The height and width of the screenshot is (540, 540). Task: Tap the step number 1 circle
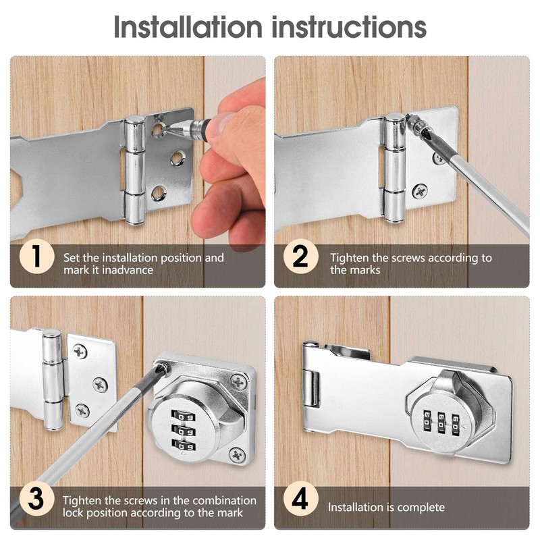[x=34, y=258]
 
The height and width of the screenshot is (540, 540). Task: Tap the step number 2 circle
[x=300, y=258]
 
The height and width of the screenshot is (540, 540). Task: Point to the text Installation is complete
[x=386, y=507]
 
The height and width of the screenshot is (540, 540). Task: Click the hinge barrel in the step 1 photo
[x=134, y=169]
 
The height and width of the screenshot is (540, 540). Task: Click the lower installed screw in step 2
[x=419, y=192]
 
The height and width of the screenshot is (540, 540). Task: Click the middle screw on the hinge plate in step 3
[x=100, y=385]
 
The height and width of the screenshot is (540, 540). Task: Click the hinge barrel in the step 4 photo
[x=311, y=388]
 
